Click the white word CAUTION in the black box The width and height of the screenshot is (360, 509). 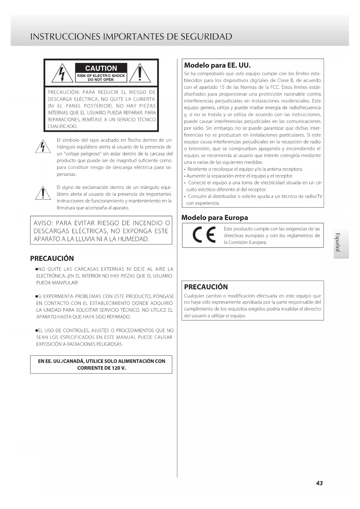(x=101, y=68)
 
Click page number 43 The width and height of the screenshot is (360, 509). (x=319, y=483)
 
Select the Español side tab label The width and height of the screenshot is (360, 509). (x=337, y=242)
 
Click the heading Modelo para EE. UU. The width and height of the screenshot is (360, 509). (x=217, y=65)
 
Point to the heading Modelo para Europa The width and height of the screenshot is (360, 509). (x=215, y=218)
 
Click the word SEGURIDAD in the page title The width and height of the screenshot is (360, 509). (x=206, y=37)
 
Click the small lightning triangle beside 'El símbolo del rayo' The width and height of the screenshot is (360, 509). (x=43, y=147)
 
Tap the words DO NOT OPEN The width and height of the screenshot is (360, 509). (x=101, y=80)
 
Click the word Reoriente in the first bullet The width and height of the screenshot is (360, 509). (x=197, y=169)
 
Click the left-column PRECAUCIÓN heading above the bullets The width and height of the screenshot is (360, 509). (x=52, y=258)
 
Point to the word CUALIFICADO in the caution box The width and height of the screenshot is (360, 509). (x=62, y=127)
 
